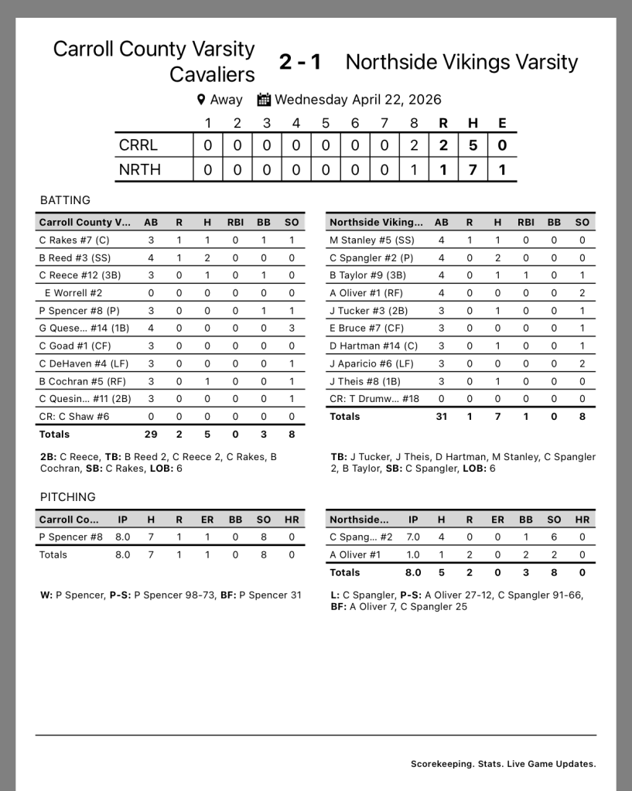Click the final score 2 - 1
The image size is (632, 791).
(300, 62)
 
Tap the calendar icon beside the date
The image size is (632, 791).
(264, 100)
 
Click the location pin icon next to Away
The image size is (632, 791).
(201, 100)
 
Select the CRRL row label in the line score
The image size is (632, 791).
(138, 145)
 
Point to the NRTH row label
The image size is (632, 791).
(140, 169)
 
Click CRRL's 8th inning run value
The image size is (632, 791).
(414, 145)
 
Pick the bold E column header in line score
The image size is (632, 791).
(502, 123)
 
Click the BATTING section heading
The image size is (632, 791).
(65, 200)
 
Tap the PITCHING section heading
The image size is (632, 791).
(68, 497)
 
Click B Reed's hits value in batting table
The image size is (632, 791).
(207, 258)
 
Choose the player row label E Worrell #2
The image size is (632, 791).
(73, 293)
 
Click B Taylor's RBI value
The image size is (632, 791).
(525, 275)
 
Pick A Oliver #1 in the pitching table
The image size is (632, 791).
(355, 554)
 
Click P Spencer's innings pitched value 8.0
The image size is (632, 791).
(122, 537)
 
